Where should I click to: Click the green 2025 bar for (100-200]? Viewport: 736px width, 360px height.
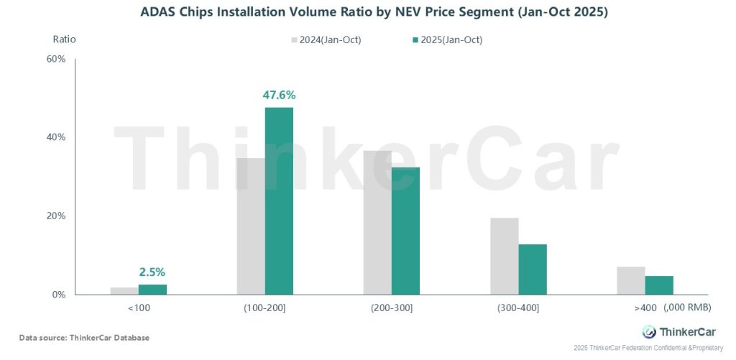[279, 201]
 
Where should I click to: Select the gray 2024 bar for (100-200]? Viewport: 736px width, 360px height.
[250, 226]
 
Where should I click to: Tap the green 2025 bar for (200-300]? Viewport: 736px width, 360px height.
[405, 231]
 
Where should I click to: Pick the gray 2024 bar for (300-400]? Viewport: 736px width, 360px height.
[504, 256]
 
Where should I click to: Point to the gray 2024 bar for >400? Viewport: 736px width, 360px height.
[630, 280]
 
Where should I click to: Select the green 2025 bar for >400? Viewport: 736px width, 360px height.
[659, 285]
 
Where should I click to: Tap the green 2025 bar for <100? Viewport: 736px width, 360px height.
[152, 290]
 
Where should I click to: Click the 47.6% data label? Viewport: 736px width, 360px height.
[280, 95]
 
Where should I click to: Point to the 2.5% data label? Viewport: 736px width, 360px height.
[152, 272]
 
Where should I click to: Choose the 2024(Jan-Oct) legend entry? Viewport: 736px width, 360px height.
[324, 40]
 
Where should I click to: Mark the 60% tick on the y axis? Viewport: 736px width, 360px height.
[56, 59]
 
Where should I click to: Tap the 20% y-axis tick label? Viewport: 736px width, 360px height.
[56, 216]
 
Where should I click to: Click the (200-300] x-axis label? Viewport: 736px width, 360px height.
[391, 308]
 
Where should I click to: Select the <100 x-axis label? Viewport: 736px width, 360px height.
[138, 308]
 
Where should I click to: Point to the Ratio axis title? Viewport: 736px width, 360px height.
[64, 39]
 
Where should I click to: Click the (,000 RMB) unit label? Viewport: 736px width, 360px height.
[687, 308]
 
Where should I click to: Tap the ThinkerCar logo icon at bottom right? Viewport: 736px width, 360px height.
[648, 331]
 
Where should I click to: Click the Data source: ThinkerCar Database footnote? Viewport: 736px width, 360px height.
[84, 338]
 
